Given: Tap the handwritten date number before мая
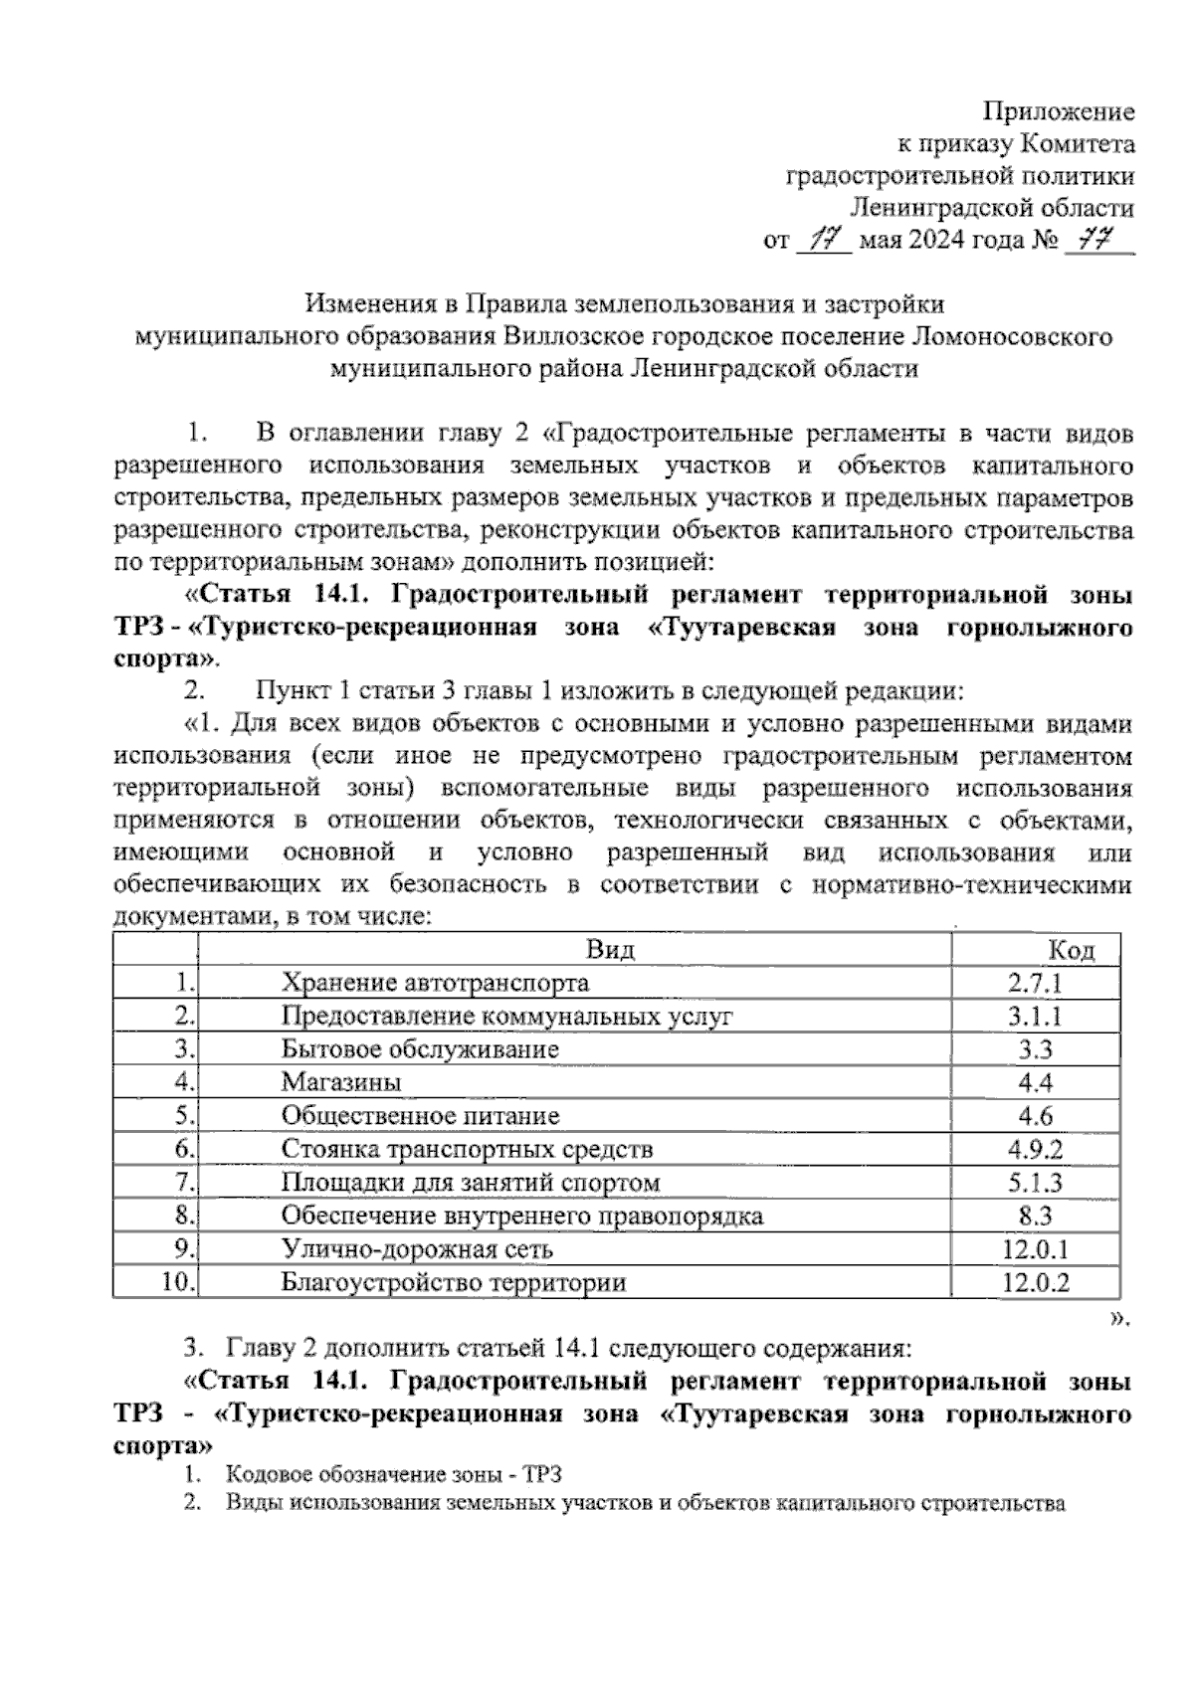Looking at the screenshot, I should (825, 240).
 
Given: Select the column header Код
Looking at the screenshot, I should (1072, 950).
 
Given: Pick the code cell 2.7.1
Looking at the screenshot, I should (1035, 983).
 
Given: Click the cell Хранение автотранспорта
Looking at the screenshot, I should (435, 983).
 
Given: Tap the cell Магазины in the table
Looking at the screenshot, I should (341, 1082).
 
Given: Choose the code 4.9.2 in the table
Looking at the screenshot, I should (1035, 1149).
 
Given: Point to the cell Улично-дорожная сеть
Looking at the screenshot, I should (417, 1249).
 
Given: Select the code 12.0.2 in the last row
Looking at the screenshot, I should (1035, 1282).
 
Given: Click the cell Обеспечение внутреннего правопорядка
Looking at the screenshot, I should (521, 1216).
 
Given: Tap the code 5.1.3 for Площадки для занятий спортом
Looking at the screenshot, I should (1035, 1183).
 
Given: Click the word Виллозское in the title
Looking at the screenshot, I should (578, 336).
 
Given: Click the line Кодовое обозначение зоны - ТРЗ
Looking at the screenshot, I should (400, 1475).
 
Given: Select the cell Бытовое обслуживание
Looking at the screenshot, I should (420, 1049).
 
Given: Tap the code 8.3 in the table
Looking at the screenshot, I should (1035, 1216).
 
